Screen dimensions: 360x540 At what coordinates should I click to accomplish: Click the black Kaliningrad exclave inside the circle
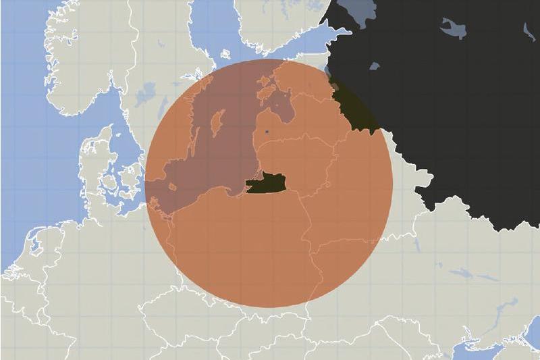point(265,182)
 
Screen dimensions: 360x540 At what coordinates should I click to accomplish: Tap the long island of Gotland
point(217,124)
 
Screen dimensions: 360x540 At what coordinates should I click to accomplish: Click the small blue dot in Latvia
point(267,130)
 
